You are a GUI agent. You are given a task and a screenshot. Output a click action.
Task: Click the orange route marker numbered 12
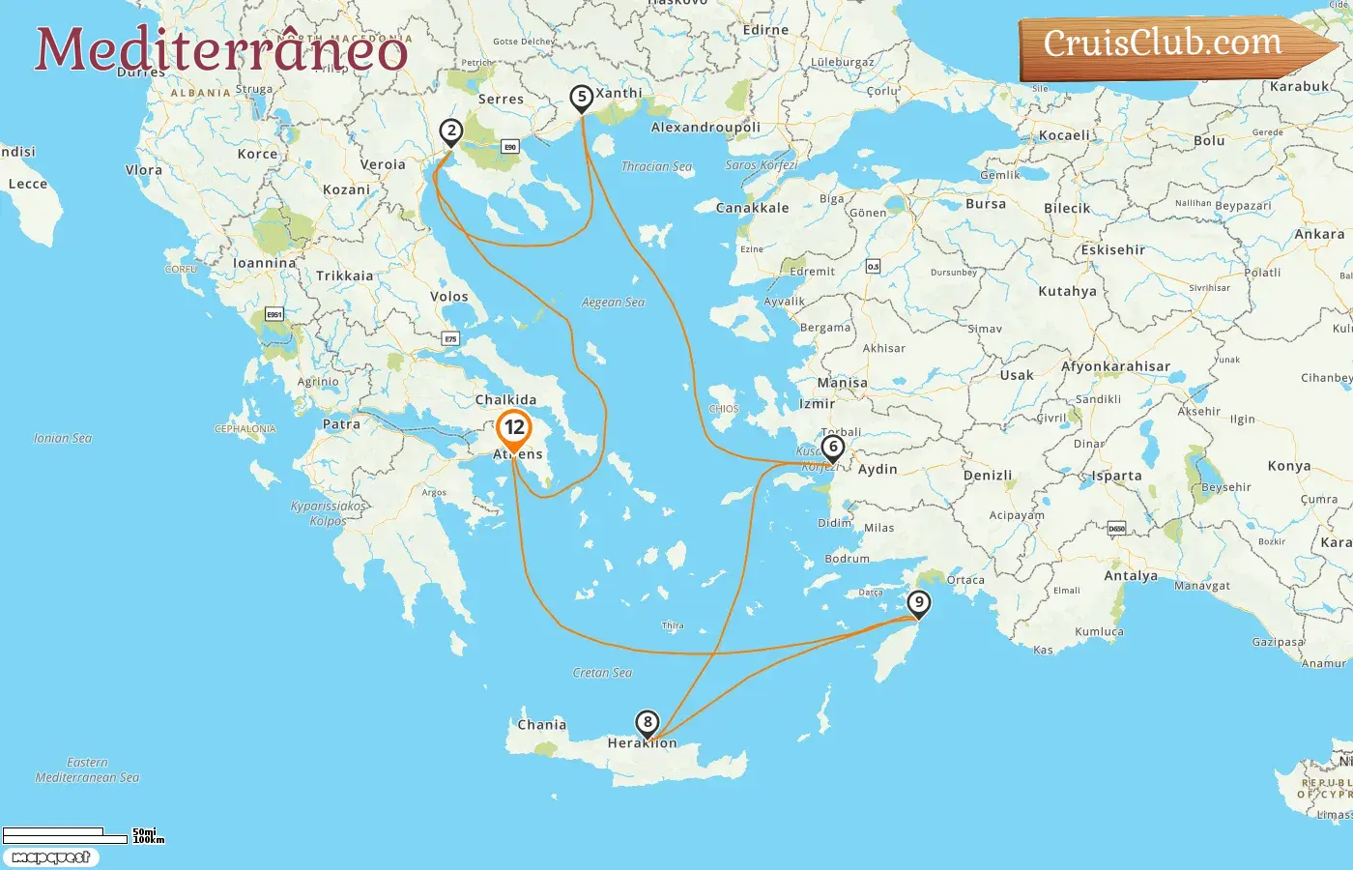tap(514, 427)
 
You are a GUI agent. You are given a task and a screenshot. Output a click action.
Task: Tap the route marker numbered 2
tap(450, 130)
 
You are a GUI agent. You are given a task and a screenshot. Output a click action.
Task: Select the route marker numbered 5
tap(581, 97)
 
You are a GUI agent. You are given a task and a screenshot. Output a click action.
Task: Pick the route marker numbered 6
tap(832, 447)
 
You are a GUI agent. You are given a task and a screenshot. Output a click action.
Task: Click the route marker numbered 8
tap(647, 722)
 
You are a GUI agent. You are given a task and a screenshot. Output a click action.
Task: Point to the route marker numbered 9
tap(918, 603)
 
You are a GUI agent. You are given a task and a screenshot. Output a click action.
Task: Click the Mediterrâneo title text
tap(221, 50)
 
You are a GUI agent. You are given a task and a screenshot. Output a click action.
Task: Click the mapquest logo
tap(50, 857)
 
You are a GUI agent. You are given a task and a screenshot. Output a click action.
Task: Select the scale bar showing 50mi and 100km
tap(82, 834)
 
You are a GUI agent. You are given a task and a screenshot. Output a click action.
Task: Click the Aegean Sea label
tap(613, 303)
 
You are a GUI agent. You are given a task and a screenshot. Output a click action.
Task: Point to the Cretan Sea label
tap(602, 673)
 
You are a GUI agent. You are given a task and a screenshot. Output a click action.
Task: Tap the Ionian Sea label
tap(63, 438)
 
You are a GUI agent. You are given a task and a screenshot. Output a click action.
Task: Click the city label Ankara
tap(1319, 234)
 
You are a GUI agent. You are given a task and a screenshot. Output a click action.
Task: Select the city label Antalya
tap(1131, 576)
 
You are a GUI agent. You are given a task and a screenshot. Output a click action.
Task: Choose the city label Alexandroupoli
tap(705, 128)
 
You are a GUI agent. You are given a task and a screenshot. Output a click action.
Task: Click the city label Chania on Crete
tap(541, 724)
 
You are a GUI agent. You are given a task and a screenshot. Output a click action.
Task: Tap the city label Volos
tap(448, 297)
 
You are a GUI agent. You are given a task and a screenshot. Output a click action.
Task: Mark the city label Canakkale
tap(752, 208)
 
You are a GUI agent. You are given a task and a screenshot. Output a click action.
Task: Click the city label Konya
tap(1288, 466)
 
